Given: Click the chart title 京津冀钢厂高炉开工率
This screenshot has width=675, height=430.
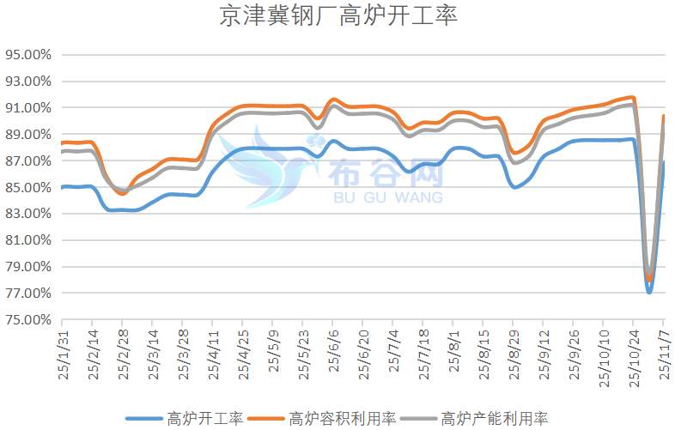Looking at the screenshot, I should [x=338, y=17].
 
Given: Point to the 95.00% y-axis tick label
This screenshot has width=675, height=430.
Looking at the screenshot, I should [x=28, y=55].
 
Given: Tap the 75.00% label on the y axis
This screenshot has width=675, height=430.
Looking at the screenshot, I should [x=28, y=320].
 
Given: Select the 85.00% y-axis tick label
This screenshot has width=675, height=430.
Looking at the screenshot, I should [x=28, y=188].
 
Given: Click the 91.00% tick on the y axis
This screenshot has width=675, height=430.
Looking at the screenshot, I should [x=28, y=108].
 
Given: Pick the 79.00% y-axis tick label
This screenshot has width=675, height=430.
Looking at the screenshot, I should [x=28, y=267].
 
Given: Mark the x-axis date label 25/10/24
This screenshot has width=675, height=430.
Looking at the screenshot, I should [x=634, y=356].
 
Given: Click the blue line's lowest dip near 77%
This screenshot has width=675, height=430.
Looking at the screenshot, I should [x=649, y=292].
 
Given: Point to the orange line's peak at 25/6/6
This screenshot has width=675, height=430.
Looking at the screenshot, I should [x=334, y=100].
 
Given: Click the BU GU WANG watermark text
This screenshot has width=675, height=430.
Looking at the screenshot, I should [x=386, y=197].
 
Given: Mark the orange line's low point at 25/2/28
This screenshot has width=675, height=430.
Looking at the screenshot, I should [x=122, y=194].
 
